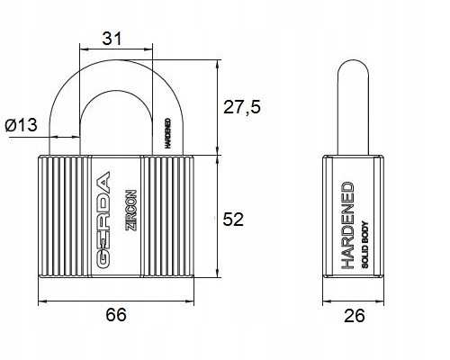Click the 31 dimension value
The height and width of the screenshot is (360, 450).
pyautogui.click(x=112, y=39)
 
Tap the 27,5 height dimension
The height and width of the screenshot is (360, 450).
pyautogui.click(x=242, y=107)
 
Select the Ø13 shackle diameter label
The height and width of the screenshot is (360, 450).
pyautogui.click(x=21, y=124)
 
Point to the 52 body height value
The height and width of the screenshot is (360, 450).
pyautogui.click(x=233, y=219)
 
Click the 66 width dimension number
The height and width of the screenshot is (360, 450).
pyautogui.click(x=116, y=315)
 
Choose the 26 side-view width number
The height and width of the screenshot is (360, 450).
pyautogui.click(x=355, y=316)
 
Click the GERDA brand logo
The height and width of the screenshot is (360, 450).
pyautogui.click(x=103, y=220)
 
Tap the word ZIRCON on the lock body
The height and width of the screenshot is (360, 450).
pyautogui.click(x=130, y=210)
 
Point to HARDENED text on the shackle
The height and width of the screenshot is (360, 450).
pyautogui.click(x=168, y=133)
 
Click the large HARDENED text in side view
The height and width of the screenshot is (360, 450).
pyautogui.click(x=347, y=225)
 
